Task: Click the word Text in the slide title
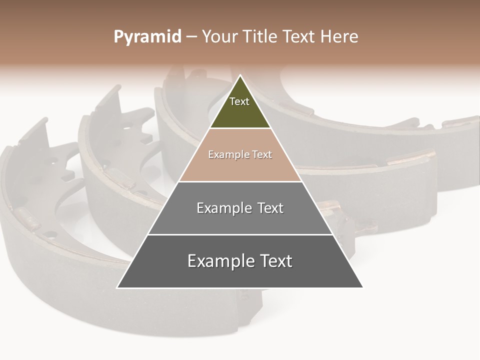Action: pos(299,37)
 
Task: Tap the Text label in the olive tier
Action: pos(239,101)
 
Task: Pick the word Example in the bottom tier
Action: pos(220,261)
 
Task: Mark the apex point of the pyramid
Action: pos(240,75)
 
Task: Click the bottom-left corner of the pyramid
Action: pos(117,287)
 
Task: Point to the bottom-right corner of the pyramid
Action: pos(363,287)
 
